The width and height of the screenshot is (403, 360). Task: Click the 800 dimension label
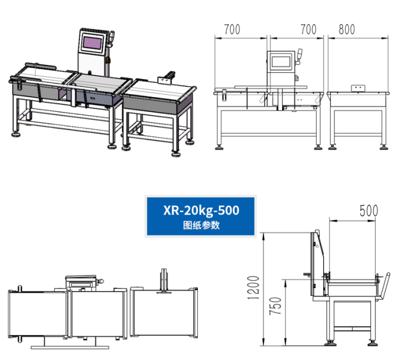pos(347,29)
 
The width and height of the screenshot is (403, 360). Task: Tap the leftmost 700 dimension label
pos(232,29)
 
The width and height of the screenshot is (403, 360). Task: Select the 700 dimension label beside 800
pos(309,29)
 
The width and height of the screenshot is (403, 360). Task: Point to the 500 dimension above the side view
pos(369,211)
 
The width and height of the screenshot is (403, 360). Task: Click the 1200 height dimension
pos(253,288)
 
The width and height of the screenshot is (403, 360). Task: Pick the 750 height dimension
pos(275,306)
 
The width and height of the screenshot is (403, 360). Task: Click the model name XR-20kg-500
pos(201,210)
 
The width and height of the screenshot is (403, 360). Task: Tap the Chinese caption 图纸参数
pos(201,225)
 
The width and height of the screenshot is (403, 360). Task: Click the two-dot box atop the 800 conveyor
pos(358,88)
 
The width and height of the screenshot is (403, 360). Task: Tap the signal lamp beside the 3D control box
pos(111,39)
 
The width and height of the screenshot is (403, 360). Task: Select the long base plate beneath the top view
pos(70,347)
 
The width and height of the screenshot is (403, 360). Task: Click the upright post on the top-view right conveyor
pos(163,280)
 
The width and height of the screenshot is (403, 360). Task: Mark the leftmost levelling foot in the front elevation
pos(219,147)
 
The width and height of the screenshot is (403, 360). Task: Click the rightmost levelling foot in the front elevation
pos(384,147)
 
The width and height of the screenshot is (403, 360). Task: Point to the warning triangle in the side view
pos(317,246)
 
